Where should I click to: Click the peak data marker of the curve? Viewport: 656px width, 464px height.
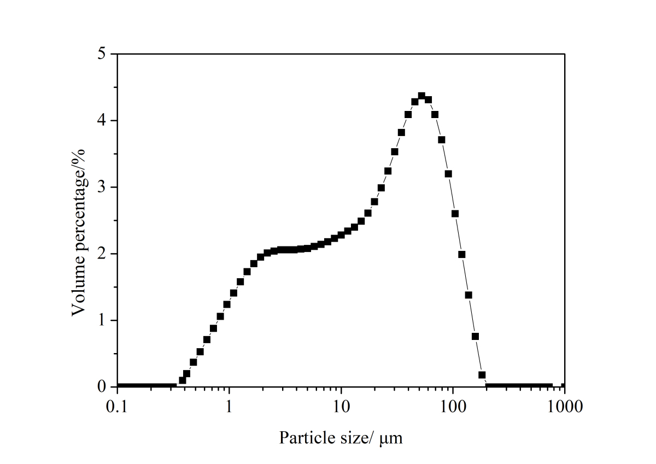(421, 96)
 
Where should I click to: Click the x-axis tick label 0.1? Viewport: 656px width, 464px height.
(118, 407)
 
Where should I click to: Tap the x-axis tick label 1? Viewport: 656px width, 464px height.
(229, 407)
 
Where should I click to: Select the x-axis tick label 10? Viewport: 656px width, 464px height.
(341, 407)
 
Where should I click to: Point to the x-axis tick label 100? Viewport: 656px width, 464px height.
(453, 407)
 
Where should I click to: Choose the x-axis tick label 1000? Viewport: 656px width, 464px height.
(564, 407)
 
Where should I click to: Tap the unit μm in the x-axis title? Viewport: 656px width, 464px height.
(393, 438)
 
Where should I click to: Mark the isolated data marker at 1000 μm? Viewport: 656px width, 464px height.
(564, 386)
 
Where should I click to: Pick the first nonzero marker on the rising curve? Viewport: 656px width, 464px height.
(183, 380)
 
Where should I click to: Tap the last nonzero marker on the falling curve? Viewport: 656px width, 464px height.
(482, 375)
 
